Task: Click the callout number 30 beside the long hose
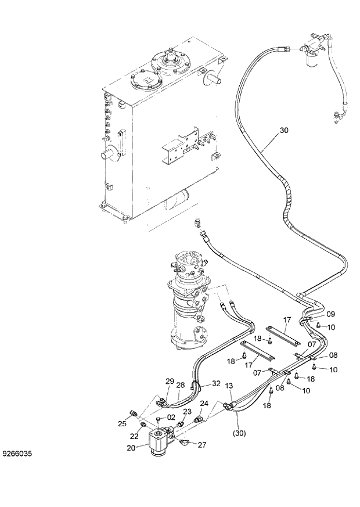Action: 283,131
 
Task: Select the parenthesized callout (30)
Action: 240,433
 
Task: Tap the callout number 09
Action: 330,314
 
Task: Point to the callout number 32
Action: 215,383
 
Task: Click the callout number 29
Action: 170,381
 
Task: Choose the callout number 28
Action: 181,384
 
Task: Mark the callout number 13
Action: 229,386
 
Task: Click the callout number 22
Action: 134,436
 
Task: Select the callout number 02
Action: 171,417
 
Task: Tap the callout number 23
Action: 188,412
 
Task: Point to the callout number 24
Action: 204,403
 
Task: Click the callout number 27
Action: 201,445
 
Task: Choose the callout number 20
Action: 131,448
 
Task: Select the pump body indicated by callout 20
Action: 159,444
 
